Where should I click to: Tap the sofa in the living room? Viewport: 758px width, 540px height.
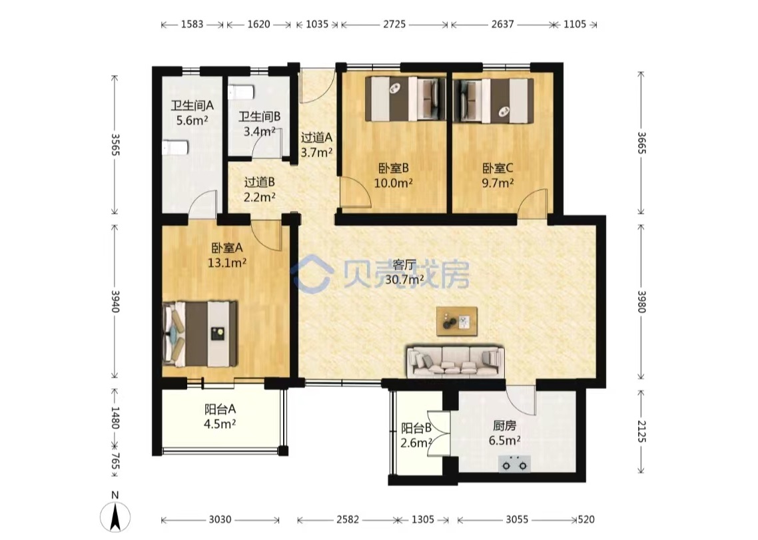455,361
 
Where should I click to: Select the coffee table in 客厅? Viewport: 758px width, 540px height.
457,321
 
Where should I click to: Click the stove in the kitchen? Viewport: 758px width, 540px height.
514,463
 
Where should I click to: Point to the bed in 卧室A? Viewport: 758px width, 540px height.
200,334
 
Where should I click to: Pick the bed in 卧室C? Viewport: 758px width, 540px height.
494,100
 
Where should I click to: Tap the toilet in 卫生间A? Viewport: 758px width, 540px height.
175,147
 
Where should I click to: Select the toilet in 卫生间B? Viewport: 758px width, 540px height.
240,92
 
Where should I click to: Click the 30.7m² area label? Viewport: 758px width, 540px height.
404,279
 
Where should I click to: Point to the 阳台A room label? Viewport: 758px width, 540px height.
220,409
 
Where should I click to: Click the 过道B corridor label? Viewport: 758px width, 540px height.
260,182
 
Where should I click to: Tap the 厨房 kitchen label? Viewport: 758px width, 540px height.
504,425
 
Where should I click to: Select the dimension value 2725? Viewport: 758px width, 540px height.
394,24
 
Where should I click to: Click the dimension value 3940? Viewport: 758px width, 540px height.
115,301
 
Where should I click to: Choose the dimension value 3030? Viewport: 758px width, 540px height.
220,520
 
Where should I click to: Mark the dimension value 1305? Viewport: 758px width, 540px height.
422,520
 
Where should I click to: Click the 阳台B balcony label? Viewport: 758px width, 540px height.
416,428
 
